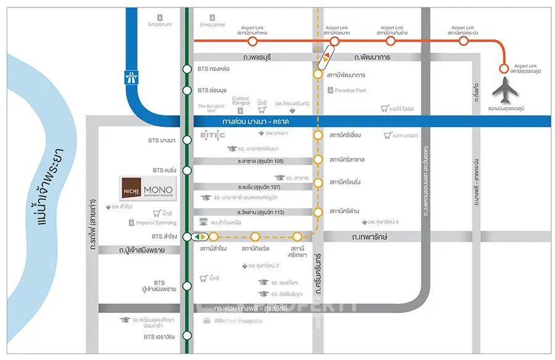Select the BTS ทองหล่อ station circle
(187, 69)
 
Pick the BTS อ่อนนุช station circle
(187, 91)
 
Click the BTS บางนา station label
(162, 140)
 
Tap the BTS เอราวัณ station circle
(187, 337)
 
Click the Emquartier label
(213, 25)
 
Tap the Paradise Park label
(350, 91)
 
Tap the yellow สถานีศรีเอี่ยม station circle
(318, 135)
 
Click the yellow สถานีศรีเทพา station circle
(297, 236)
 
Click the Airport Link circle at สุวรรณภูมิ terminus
(503, 68)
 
